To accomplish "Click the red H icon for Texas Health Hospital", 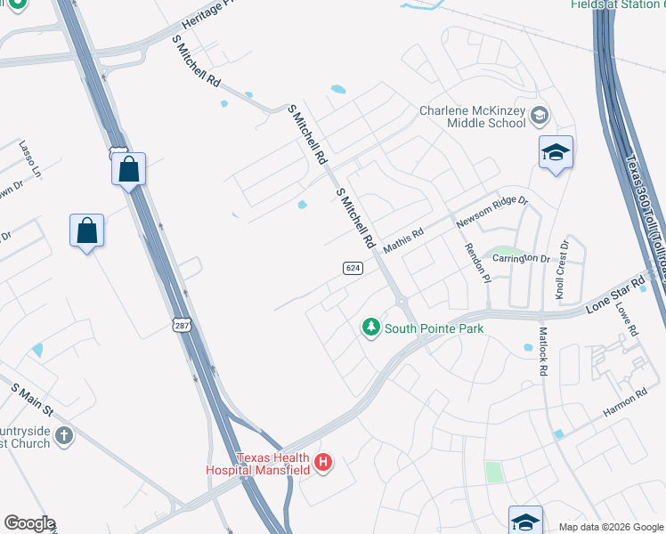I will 324,462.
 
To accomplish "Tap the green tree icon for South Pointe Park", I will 371,328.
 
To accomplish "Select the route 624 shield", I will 353,268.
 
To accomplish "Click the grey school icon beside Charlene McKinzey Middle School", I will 539,116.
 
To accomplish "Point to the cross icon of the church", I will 63,435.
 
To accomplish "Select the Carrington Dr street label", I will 523,258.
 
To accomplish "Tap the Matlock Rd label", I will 542,351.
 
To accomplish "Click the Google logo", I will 29,523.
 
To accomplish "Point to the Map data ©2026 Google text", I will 610,527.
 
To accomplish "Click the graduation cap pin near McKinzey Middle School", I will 556,153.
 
